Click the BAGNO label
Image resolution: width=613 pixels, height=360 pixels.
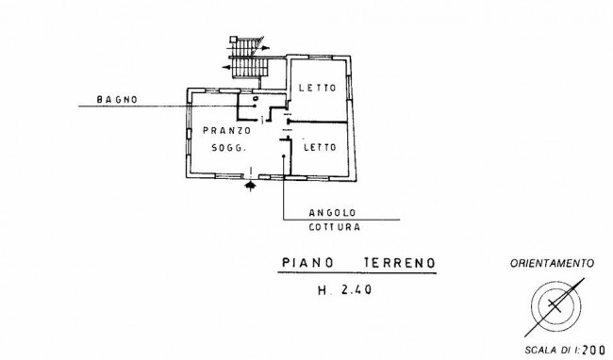click(117, 100)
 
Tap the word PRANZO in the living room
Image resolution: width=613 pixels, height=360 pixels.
click(226, 130)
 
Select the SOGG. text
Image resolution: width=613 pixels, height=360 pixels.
click(229, 148)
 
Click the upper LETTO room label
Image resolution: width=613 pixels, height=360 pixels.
click(318, 88)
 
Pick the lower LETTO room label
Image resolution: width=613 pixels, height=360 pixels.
click(321, 147)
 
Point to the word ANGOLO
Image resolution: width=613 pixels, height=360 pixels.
click(332, 213)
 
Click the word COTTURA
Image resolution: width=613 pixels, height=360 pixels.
click(335, 227)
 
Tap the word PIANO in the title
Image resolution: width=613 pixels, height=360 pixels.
click(308, 262)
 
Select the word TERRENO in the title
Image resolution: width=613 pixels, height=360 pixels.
click(400, 263)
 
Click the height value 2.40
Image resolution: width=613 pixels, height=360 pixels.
click(356, 289)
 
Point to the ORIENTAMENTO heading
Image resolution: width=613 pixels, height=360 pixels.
click(552, 264)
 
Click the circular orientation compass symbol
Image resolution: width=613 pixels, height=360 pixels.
click(555, 305)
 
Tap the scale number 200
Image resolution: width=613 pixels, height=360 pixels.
click(593, 350)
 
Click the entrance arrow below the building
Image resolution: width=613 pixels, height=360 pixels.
click(250, 185)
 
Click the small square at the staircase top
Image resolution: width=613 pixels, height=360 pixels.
click(233, 39)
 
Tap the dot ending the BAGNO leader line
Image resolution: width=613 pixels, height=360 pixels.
click(255, 106)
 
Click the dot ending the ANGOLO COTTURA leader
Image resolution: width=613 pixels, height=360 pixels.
click(284, 156)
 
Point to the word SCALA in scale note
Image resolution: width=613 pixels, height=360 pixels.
click(539, 351)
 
